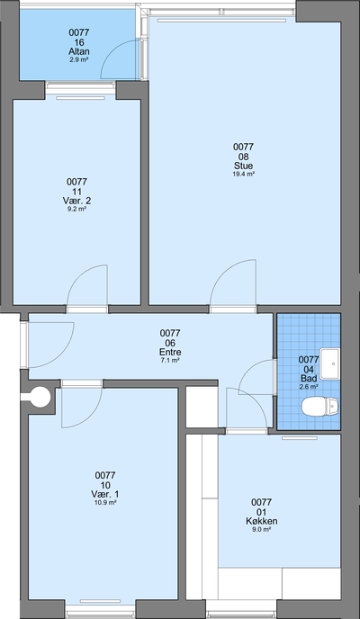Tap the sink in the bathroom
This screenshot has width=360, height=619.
click(329, 363)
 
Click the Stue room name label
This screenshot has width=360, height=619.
click(243, 166)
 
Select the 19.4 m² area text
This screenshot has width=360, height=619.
click(243, 175)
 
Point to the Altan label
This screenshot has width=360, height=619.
click(79, 51)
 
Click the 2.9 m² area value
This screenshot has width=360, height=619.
click(79, 59)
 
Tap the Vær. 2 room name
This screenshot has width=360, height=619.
click(76, 201)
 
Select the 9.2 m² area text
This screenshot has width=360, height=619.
click(76, 210)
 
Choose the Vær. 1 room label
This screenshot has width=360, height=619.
click(105, 494)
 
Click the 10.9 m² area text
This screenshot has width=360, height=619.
click(105, 503)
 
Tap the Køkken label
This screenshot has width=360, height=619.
click(261, 521)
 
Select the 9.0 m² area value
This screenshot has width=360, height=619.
click(261, 529)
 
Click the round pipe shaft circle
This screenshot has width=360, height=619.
click(40, 397)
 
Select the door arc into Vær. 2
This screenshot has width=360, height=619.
click(79, 274)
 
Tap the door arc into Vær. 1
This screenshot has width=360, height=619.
click(90, 417)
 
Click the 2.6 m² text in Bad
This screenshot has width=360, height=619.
click(309, 387)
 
